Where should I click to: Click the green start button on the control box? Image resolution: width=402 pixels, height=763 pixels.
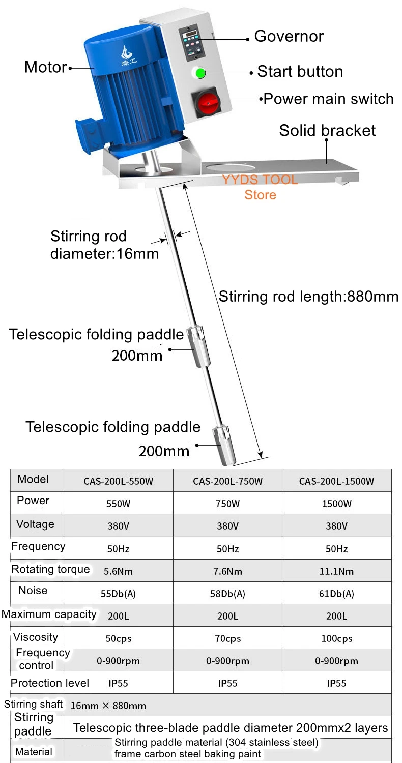point(200,74)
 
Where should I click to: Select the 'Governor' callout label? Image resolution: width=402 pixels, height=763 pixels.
point(289,37)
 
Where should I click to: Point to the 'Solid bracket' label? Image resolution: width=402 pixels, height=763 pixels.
point(327,130)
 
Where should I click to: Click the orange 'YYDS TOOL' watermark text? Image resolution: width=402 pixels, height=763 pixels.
point(260,180)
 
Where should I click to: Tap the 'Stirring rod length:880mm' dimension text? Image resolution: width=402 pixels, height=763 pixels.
point(308,296)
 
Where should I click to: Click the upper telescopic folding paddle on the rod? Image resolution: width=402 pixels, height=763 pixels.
point(198,346)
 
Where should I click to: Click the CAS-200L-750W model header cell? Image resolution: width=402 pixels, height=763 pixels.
point(227,481)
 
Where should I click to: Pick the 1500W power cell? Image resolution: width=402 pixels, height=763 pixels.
point(336,504)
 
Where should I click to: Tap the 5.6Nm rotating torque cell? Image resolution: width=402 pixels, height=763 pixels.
point(118,571)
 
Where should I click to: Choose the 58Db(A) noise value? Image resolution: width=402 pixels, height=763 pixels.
point(227,594)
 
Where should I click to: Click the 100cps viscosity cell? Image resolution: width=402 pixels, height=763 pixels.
point(336,639)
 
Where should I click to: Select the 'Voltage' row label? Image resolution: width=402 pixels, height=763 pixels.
point(35,524)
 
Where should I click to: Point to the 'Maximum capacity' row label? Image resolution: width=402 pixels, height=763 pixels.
point(49,614)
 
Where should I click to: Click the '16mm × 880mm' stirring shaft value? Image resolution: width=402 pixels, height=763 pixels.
point(108,706)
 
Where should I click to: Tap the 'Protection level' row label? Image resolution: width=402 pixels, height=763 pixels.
point(50,683)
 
